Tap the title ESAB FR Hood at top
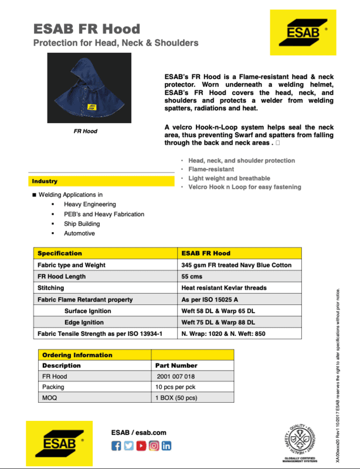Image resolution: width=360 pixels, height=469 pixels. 86,29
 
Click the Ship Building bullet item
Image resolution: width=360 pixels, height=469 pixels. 81,224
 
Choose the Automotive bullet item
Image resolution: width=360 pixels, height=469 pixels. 79,233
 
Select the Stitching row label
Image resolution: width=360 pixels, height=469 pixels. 51,288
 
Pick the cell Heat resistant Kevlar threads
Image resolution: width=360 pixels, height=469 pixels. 224,288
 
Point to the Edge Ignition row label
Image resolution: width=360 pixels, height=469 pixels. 84,322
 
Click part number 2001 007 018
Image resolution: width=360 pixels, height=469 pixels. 176,376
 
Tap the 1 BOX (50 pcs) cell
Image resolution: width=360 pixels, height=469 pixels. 176,399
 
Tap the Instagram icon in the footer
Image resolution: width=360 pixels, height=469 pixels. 154,446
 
